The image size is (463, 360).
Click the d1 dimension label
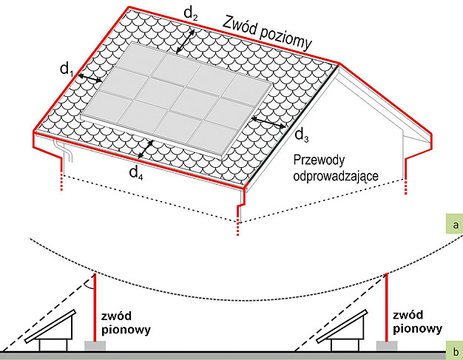67,70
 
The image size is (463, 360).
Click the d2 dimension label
191,13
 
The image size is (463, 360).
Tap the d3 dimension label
302,135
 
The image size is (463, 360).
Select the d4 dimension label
136,173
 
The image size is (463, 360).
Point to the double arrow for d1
90,78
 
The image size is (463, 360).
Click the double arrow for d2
186,41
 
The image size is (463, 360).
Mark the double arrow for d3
268,122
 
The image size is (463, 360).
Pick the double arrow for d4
146,149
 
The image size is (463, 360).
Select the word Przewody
319,161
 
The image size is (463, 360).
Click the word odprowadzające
336,176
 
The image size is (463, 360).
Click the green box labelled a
455,225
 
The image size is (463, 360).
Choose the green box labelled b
455,351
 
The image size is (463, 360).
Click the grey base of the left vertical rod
95,346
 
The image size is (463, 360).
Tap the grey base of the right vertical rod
387,346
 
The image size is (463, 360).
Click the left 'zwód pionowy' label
126,323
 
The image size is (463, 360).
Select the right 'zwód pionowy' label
417,322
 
